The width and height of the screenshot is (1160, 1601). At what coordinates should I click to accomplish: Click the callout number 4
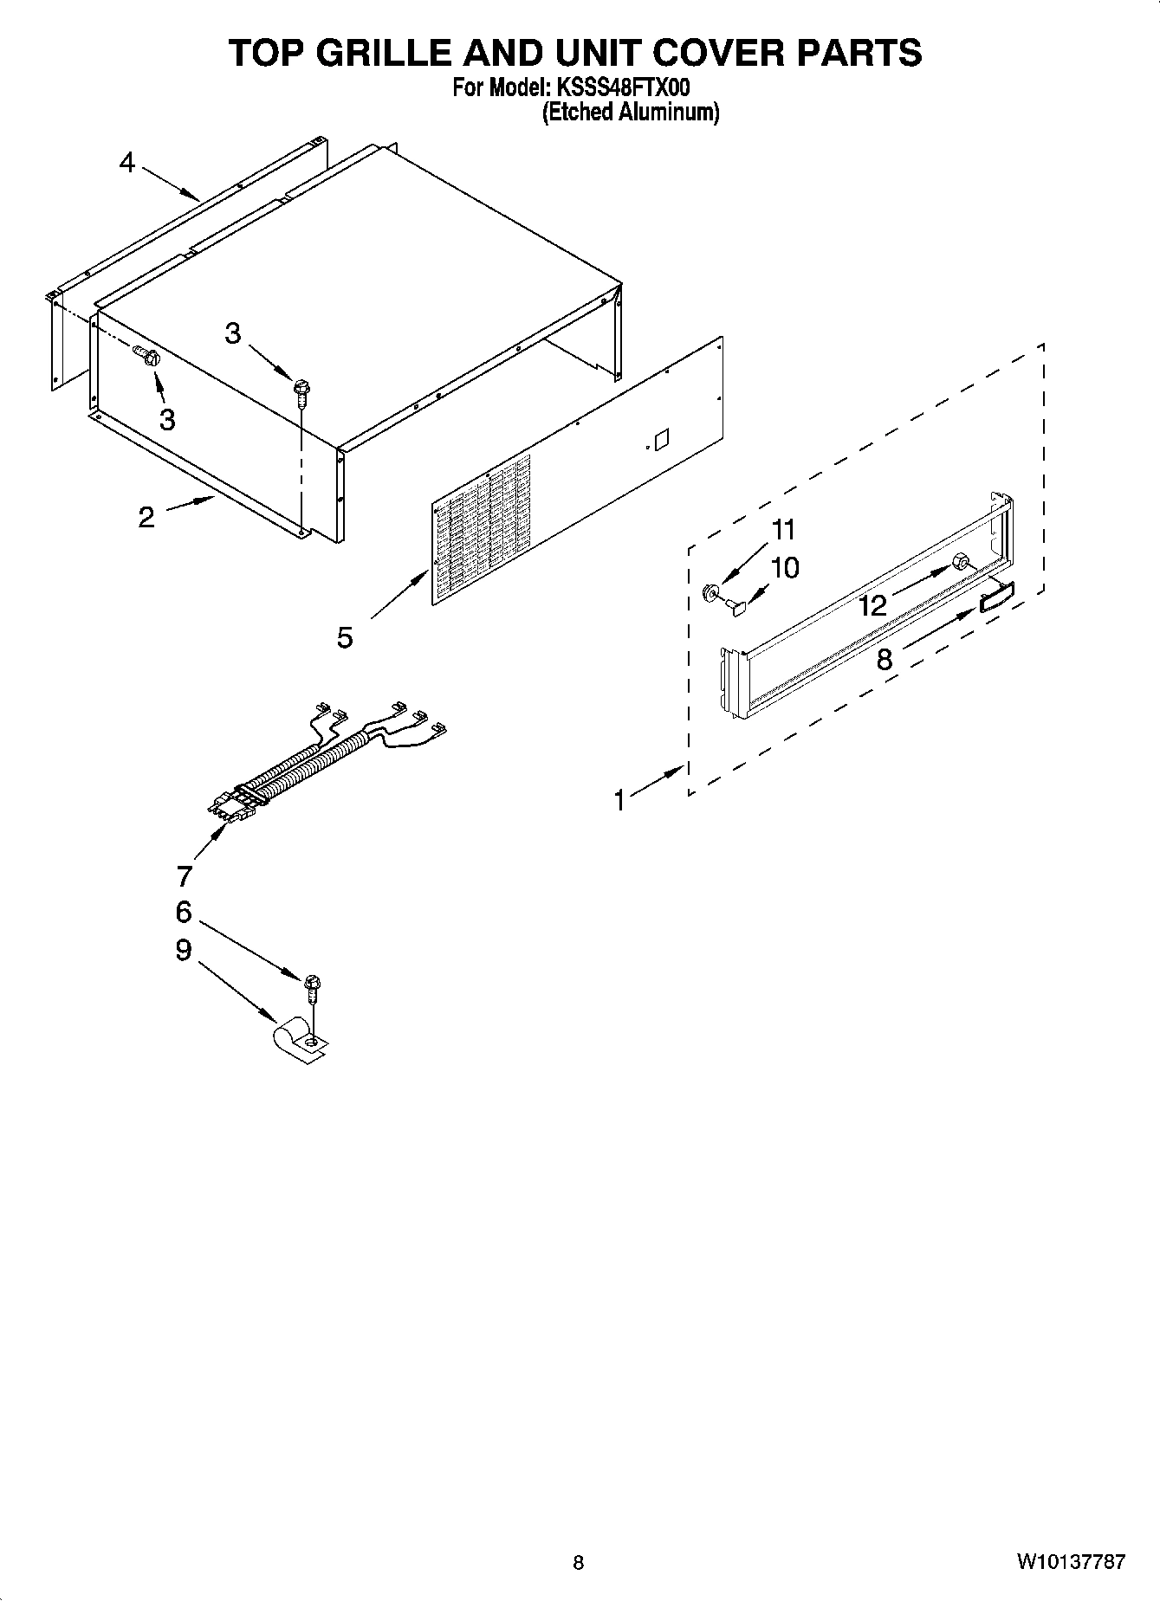click(x=128, y=163)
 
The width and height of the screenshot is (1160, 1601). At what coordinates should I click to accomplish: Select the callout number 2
click(x=146, y=518)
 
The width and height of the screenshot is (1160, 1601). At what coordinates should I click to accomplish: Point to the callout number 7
click(x=184, y=876)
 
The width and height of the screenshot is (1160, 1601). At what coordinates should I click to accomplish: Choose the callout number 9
click(x=184, y=951)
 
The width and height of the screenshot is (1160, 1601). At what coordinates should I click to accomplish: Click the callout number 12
click(x=873, y=605)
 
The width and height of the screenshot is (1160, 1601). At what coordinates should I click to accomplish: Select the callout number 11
click(x=783, y=529)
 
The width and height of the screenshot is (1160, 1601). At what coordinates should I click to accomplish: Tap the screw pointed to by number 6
click(x=313, y=986)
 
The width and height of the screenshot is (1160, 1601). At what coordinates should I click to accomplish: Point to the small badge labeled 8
click(x=996, y=597)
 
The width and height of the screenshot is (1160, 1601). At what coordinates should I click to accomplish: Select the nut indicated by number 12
click(x=961, y=564)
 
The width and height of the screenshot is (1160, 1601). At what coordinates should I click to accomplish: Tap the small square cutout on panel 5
click(x=661, y=439)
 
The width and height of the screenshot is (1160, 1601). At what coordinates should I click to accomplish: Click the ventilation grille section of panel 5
click(x=482, y=530)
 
